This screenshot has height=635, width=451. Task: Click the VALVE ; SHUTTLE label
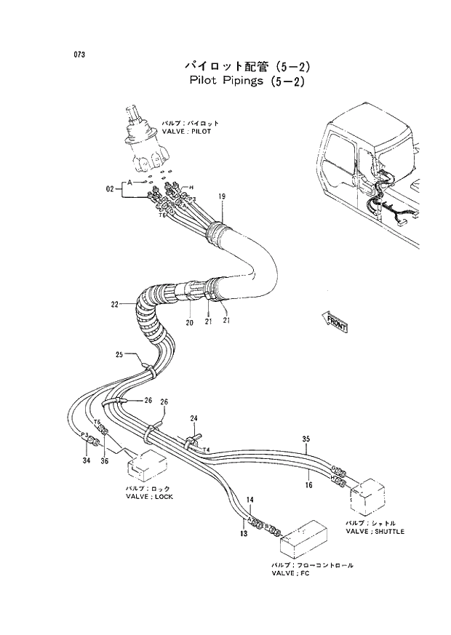click(x=375, y=531)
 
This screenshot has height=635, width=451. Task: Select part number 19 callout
click(x=222, y=196)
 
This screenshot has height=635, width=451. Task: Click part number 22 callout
click(x=115, y=304)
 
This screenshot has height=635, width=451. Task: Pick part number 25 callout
click(x=120, y=354)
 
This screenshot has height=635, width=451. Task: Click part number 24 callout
click(x=194, y=418)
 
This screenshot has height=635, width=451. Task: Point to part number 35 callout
click(x=306, y=439)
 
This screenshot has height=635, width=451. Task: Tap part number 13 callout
click(x=244, y=533)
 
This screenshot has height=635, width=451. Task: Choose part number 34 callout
click(x=86, y=460)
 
